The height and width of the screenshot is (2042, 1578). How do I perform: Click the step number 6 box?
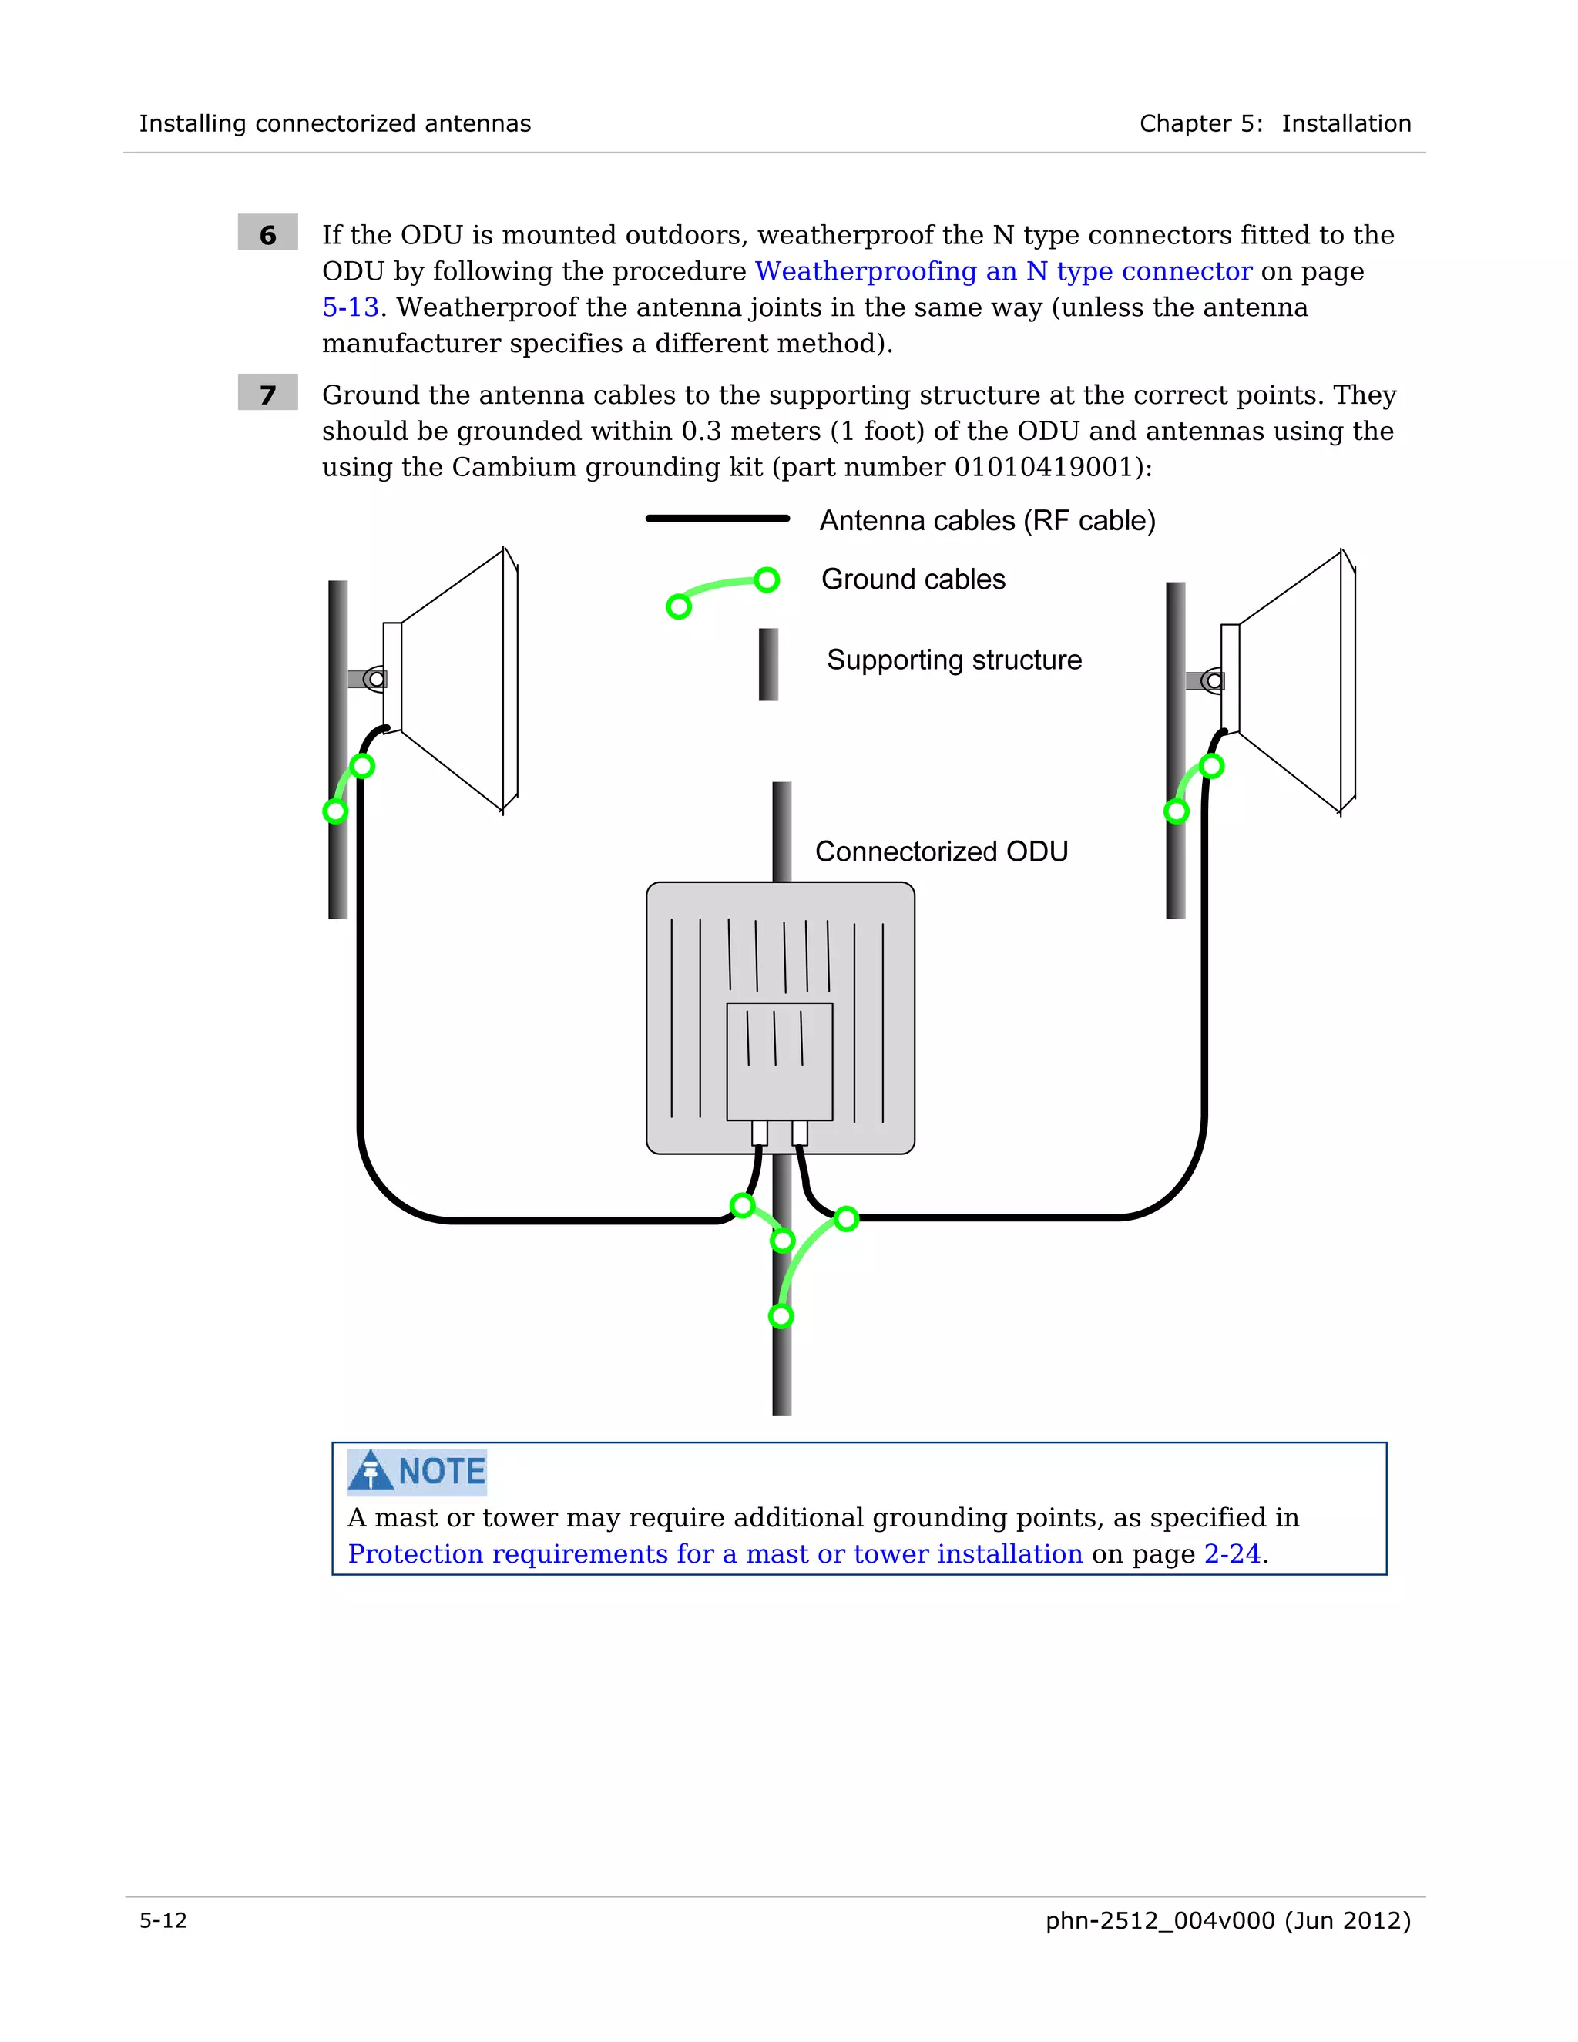(267, 233)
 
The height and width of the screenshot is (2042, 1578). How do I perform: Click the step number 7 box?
(267, 393)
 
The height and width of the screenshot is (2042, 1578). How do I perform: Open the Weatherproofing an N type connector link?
(1003, 271)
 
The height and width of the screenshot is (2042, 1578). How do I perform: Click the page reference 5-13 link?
(350, 307)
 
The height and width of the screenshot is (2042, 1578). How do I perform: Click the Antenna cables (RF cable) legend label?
(987, 521)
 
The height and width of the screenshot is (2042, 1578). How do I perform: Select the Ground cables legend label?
(912, 579)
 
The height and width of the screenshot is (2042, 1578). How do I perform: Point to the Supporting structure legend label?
(954, 660)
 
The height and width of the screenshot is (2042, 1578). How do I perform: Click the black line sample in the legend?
(717, 518)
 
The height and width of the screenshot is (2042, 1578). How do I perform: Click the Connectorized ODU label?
(941, 851)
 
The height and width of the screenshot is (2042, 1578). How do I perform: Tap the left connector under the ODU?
(759, 1134)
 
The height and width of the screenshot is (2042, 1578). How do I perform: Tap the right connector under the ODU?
(799, 1134)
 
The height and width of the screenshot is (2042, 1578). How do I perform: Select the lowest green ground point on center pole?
(781, 1316)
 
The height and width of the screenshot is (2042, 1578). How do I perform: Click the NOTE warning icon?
(371, 1471)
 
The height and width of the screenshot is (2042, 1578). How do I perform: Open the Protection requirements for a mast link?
(714, 1554)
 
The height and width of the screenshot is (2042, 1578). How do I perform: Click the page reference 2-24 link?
(1231, 1554)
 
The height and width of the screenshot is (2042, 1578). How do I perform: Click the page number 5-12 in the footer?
(163, 1920)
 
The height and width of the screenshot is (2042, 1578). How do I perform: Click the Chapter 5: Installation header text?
(1274, 123)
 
